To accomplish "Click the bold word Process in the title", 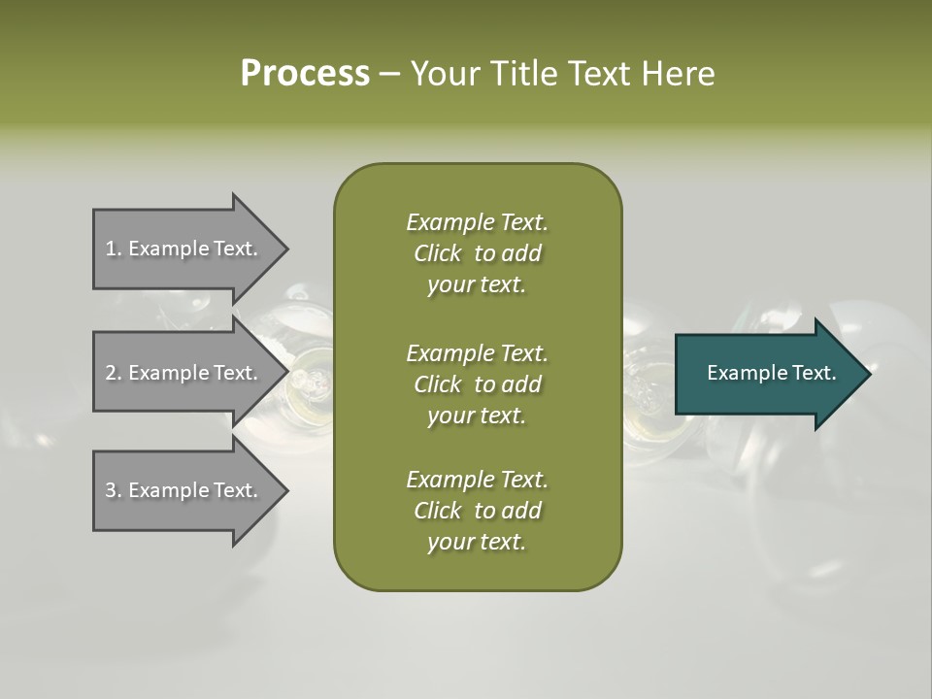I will pyautogui.click(x=305, y=74).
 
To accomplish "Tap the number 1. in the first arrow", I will pyautogui.click(x=114, y=249).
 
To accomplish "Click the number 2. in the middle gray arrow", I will pyautogui.click(x=114, y=373).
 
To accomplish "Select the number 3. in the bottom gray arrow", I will pyautogui.click(x=114, y=490).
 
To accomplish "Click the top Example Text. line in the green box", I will pyautogui.click(x=477, y=222).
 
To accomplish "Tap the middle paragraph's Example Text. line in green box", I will pyautogui.click(x=477, y=352).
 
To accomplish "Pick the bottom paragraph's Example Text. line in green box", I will pyautogui.click(x=477, y=480).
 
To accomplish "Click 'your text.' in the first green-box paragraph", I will pyautogui.click(x=477, y=285).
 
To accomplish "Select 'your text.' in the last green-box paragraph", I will pyautogui.click(x=477, y=543).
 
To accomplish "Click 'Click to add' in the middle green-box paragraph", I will pyautogui.click(x=477, y=384).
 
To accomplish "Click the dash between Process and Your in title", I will pyautogui.click(x=390, y=75).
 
